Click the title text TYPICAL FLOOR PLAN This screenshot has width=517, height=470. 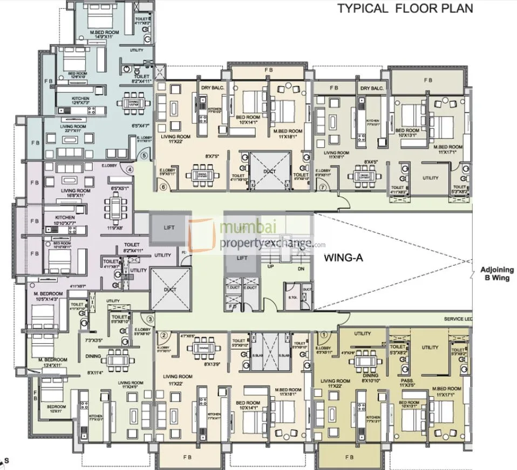point(405,8)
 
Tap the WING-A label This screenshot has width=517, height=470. point(343,258)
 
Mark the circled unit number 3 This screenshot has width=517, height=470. point(151,319)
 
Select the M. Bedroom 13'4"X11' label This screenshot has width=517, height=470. point(52,362)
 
